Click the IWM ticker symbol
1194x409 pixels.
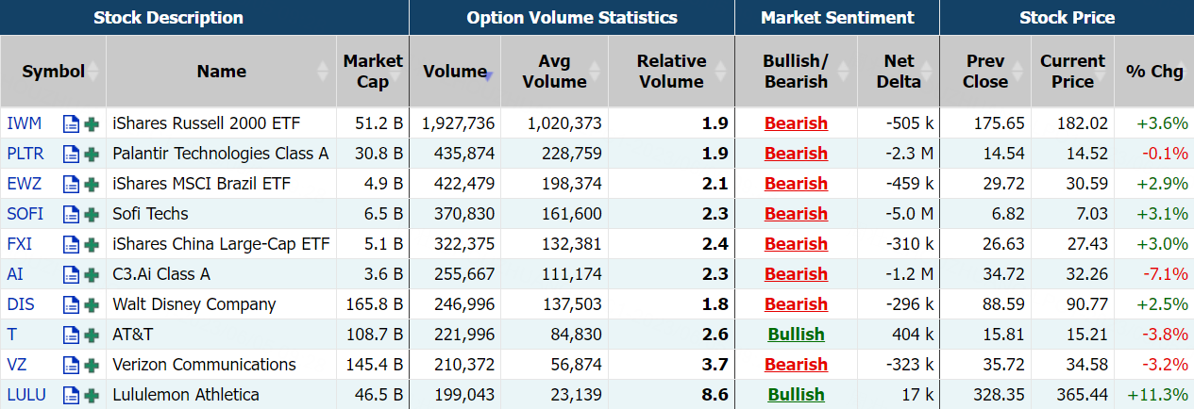point(24,123)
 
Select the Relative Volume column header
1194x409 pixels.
point(672,72)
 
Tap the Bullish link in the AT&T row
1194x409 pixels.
point(796,335)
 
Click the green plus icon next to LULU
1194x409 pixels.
point(92,395)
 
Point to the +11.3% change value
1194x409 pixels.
point(1157,395)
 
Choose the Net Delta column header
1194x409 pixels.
point(899,72)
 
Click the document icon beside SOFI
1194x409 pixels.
point(71,214)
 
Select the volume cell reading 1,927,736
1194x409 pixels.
point(458,123)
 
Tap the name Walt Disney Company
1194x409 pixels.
point(194,304)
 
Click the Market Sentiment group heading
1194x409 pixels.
point(837,18)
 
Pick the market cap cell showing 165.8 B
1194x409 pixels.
point(374,304)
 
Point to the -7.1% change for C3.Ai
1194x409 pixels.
point(1165,274)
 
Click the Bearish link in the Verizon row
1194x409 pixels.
point(796,365)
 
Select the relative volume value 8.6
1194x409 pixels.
point(715,395)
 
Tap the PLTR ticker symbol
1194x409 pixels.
point(25,154)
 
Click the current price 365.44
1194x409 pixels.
point(1082,395)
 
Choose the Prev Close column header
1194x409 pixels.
point(985,72)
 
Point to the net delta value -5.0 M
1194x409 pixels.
point(909,214)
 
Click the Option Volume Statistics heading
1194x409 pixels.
point(572,18)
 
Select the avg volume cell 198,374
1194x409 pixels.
point(571,184)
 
